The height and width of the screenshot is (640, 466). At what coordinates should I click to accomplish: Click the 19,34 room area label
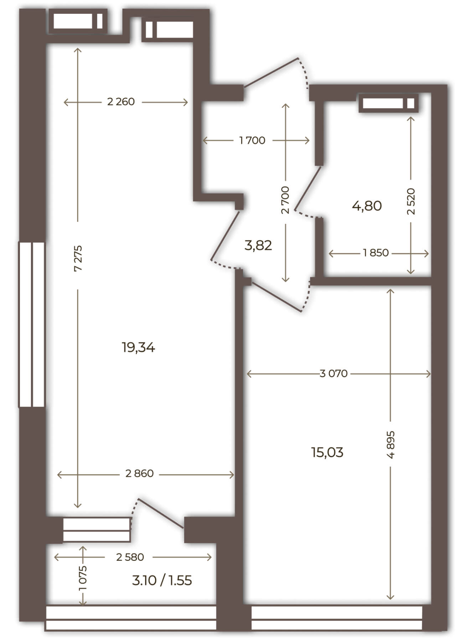click(x=138, y=347)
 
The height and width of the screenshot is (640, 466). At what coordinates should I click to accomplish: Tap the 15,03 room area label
click(x=327, y=452)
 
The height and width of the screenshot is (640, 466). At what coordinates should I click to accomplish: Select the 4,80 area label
click(x=367, y=206)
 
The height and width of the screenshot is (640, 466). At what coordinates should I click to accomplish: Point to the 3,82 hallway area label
click(x=258, y=245)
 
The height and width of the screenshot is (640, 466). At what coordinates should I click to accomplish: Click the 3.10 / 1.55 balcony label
click(x=162, y=581)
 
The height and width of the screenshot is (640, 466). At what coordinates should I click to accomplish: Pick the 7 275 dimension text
click(x=78, y=258)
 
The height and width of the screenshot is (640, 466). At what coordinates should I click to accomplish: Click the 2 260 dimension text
click(x=121, y=102)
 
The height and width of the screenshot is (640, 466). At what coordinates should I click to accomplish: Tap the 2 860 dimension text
click(x=139, y=473)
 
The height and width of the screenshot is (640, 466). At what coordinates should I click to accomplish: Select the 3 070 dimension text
click(x=333, y=373)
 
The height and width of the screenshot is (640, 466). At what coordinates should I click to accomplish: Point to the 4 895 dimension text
click(x=391, y=445)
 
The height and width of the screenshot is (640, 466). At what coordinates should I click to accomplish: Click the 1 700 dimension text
click(x=252, y=140)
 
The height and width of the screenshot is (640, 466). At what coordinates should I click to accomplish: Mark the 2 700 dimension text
click(x=285, y=200)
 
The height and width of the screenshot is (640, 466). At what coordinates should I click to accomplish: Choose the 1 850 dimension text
click(x=376, y=253)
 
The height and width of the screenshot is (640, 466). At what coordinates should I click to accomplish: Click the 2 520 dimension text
click(x=411, y=201)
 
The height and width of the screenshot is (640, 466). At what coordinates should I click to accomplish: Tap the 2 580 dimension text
click(x=130, y=557)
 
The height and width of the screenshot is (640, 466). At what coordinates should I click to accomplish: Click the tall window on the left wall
click(x=32, y=324)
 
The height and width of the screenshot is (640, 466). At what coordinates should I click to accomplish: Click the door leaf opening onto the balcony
click(x=161, y=513)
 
